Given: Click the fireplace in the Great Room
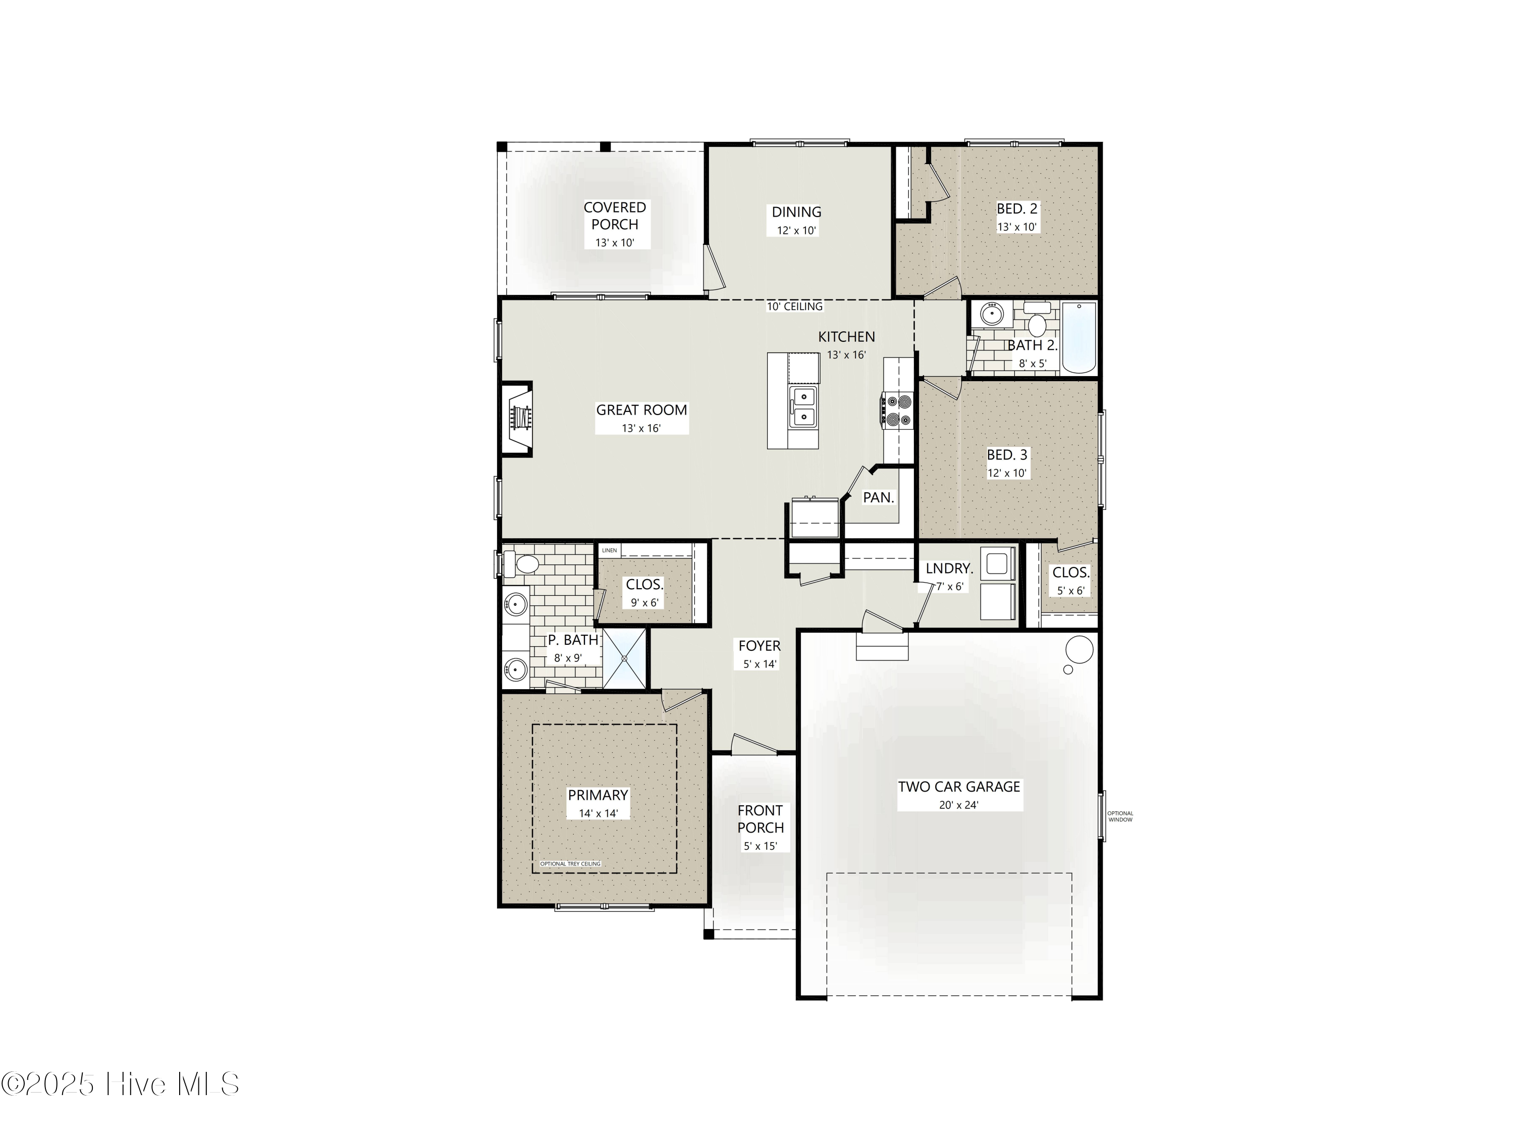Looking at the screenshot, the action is click(518, 418).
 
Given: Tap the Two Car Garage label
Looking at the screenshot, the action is click(959, 787).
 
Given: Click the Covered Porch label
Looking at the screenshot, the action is click(615, 216).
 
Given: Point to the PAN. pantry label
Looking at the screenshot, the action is click(878, 498).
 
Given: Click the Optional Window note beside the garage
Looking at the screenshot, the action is click(1120, 816).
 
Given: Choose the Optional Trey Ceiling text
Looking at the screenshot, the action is click(570, 863).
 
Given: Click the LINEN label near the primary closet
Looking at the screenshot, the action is click(609, 550).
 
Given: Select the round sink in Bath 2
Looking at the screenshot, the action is click(990, 315).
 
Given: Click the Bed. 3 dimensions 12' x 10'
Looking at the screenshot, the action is click(1007, 473).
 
